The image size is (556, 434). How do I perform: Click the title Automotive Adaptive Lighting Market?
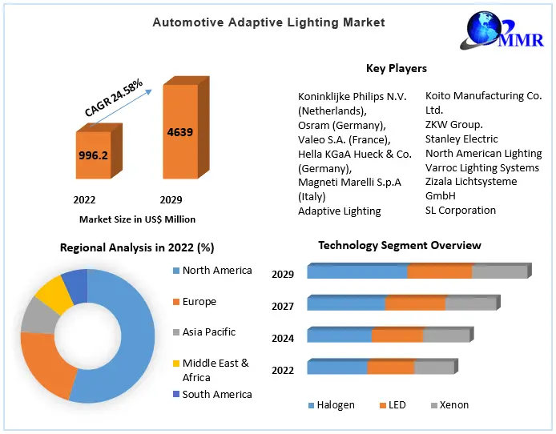click(268, 22)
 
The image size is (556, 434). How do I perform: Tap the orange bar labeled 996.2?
click(94, 155)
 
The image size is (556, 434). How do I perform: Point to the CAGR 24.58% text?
click(115, 98)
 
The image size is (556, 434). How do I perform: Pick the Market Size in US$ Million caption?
click(137, 219)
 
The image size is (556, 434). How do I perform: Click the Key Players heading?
click(396, 69)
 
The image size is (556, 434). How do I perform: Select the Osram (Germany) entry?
click(341, 125)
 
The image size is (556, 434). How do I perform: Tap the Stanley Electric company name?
click(461, 139)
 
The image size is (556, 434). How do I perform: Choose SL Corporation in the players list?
click(461, 211)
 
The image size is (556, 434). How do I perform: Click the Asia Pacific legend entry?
click(208, 332)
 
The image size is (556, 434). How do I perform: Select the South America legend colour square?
click(175, 394)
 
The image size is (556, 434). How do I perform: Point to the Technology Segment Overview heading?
click(400, 245)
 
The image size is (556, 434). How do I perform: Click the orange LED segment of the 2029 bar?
click(439, 272)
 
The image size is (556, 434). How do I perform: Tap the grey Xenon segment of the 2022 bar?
click(434, 368)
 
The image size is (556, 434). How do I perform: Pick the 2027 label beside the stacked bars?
click(283, 306)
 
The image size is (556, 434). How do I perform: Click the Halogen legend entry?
click(332, 405)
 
